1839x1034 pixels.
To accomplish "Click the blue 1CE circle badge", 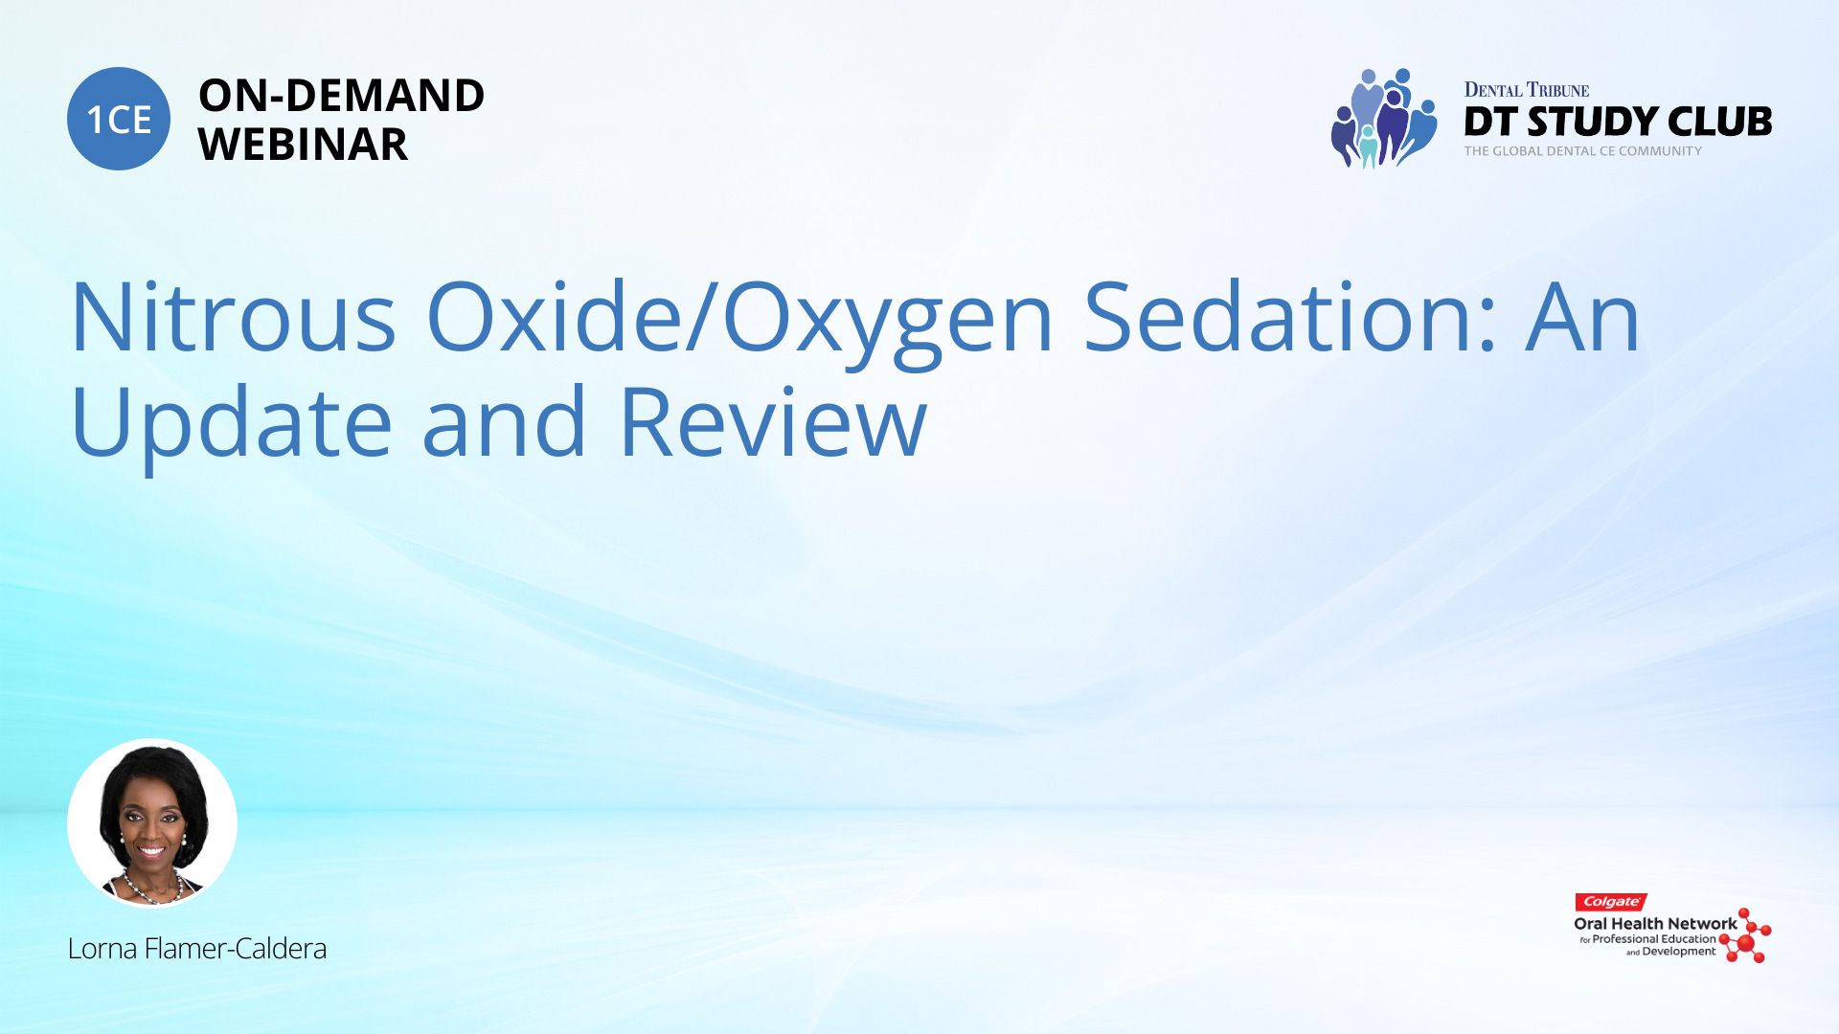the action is coord(119,119).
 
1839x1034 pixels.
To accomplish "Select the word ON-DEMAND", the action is coord(341,96).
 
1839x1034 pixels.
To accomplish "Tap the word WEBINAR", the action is coord(303,145).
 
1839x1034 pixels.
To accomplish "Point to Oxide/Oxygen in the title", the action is coord(739,323).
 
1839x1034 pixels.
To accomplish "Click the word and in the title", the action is coord(504,420).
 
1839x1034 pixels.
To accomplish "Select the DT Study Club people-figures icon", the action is coord(1384,118).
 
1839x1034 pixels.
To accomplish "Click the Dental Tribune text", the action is coord(1526,90).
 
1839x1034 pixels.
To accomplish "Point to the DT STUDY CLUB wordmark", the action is coord(1618,122).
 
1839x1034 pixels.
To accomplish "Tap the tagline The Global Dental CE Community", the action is coord(1582,151).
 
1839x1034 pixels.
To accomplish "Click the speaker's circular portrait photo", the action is coord(152,822).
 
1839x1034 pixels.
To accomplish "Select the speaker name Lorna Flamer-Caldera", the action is coord(197,949).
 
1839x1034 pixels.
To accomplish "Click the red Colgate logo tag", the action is coord(1611,902).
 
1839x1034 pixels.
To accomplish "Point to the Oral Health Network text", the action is coord(1655,924).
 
